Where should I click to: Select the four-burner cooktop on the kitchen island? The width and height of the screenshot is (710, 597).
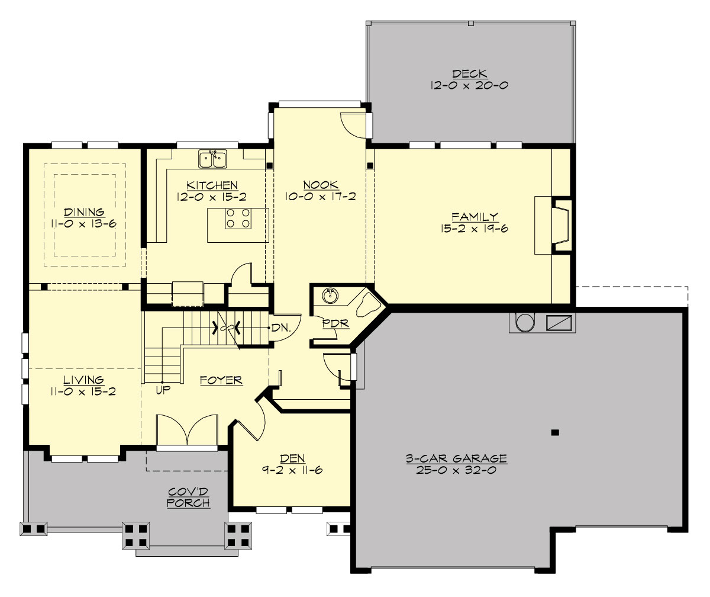[238, 219]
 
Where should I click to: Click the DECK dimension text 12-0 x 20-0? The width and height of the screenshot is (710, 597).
[470, 85]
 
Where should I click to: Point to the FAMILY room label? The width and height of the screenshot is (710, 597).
[475, 217]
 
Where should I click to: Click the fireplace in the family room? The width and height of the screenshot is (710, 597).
[561, 226]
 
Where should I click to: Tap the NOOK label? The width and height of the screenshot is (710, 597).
[319, 185]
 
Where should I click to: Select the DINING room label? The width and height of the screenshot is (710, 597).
[84, 212]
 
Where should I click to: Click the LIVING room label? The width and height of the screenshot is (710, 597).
[84, 380]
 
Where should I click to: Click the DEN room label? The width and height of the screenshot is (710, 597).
[292, 458]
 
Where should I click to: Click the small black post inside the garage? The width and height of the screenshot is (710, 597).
[554, 432]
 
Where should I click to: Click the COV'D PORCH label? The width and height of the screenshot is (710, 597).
[188, 497]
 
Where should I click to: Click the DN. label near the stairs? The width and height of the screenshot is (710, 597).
[279, 328]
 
